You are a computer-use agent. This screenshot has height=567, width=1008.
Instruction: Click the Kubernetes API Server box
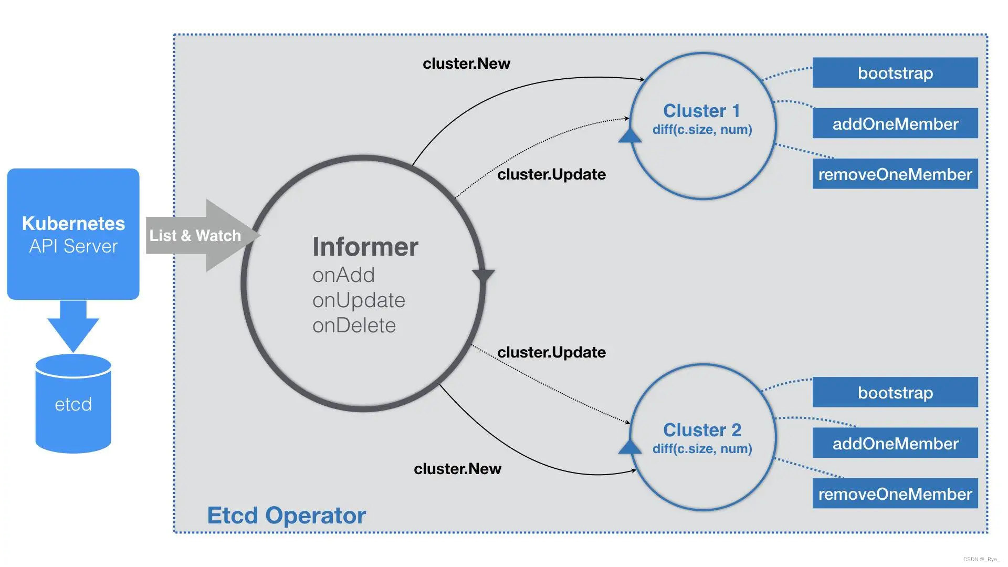[73, 234]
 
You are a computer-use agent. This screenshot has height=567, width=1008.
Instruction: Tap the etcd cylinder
[73, 404]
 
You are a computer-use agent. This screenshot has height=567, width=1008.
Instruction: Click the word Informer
[365, 247]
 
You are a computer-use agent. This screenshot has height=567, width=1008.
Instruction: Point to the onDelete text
[354, 325]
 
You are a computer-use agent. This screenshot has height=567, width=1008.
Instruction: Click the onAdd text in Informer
[343, 275]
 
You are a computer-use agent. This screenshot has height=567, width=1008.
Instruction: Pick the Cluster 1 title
[701, 111]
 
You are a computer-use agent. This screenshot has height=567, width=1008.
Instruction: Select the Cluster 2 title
[702, 430]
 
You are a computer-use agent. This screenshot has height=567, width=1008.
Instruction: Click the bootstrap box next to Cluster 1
[895, 72]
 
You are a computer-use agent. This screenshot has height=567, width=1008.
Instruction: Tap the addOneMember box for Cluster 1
[895, 123]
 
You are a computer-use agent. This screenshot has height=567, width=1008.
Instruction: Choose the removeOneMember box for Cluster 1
[895, 174]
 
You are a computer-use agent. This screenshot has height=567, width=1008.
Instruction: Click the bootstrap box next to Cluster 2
[895, 392]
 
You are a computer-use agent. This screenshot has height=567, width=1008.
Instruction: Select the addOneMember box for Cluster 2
[895, 443]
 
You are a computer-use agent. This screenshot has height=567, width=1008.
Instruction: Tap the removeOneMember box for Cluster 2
[895, 493]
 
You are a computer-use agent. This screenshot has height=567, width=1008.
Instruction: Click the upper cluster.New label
[466, 64]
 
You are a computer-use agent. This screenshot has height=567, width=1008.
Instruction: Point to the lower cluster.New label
[457, 469]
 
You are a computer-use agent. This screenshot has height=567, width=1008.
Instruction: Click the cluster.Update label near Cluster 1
[551, 174]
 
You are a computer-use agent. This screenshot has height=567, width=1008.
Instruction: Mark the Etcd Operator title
[286, 516]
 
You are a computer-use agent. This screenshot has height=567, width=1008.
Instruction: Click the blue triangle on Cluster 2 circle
[629, 447]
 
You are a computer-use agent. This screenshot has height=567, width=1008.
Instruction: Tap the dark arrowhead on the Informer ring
[483, 276]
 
